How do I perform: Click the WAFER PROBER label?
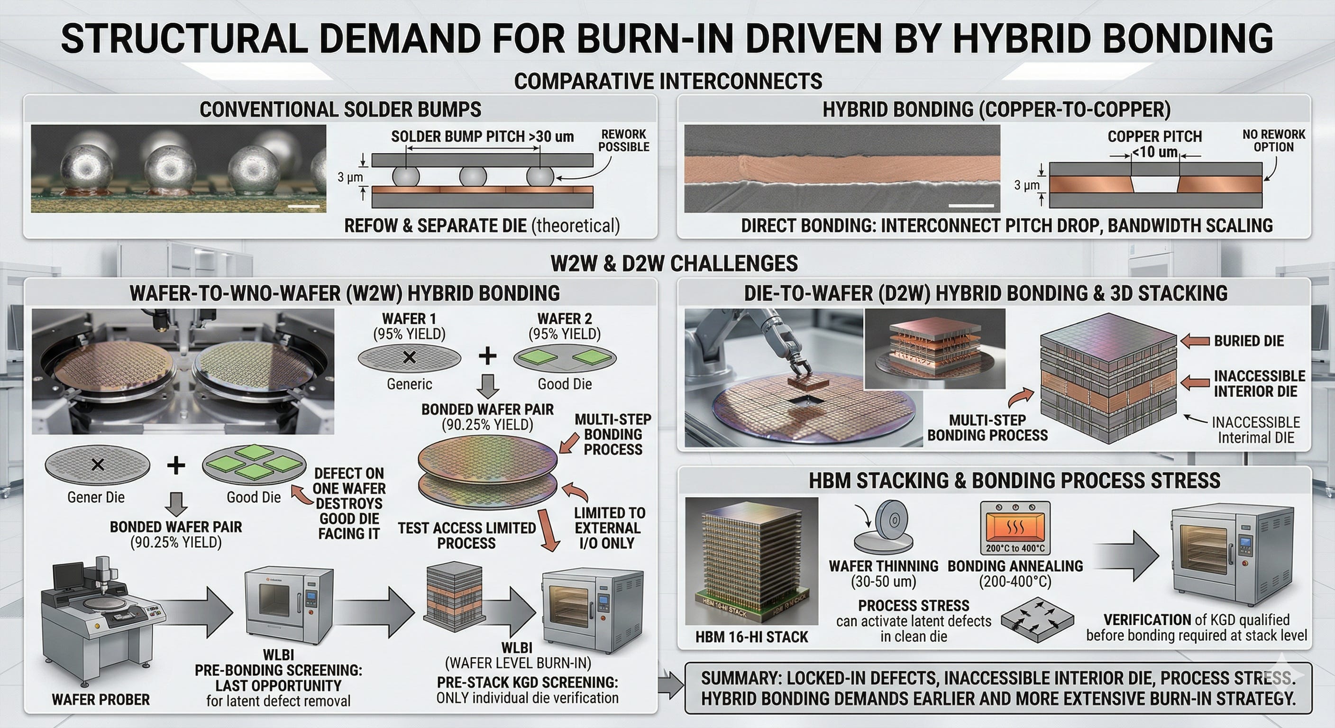point(101,699)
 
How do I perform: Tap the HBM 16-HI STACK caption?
point(751,637)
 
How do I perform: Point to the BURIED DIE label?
point(1249,341)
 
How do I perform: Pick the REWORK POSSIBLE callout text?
point(623,140)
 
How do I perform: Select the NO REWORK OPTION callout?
point(1273,140)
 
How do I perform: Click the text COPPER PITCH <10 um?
point(1155,144)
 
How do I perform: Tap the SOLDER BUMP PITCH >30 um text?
point(483,136)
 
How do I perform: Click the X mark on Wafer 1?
point(410,357)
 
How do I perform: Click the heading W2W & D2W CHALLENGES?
point(674,264)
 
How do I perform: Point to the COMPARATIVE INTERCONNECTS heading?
point(668,81)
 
